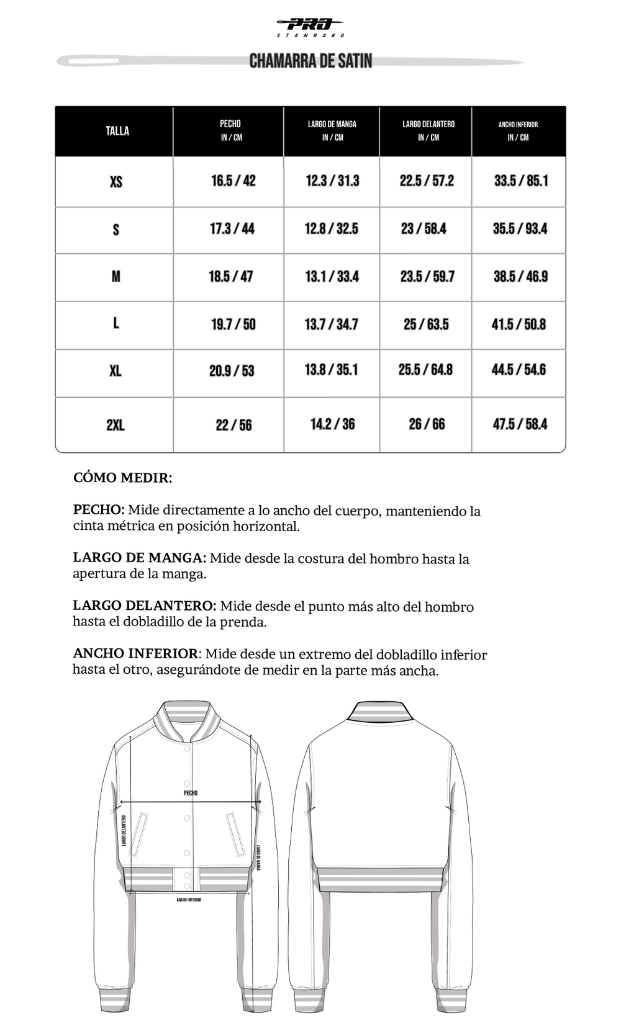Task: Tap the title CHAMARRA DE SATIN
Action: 310,61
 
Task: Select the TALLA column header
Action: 117,131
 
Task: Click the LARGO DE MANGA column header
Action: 332,130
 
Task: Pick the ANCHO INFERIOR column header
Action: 518,130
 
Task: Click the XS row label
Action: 116,182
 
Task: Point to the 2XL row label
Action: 116,425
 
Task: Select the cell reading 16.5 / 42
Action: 233,181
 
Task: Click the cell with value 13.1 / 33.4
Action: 332,276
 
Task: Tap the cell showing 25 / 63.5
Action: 426,324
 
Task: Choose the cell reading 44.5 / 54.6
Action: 519,370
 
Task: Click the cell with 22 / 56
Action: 234,425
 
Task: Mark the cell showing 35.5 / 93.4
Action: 520,228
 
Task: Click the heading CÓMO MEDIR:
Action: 123,478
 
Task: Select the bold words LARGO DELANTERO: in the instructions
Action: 145,606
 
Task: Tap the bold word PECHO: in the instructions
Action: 99,510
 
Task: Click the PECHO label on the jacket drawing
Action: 191,793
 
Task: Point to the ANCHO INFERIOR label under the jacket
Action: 189,900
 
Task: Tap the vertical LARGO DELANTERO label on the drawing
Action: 124,831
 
